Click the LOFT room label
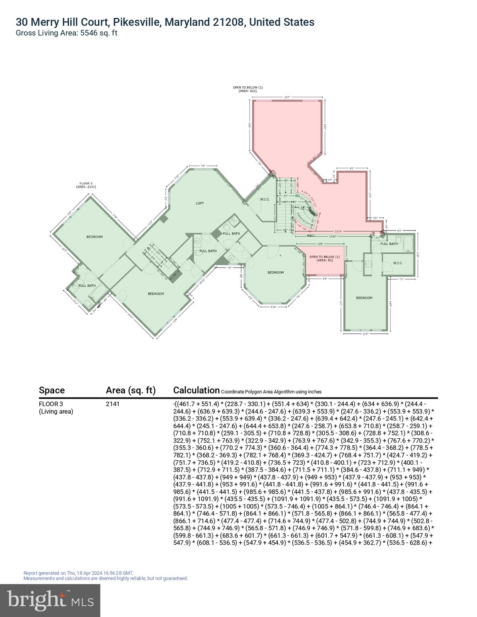pyautogui.click(x=200, y=203)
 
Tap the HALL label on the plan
pyautogui.click(x=311, y=235)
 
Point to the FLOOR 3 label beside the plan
pyautogui.click(x=86, y=185)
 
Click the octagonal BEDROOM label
pyautogui.click(x=276, y=272)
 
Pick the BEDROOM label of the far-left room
pyautogui.click(x=95, y=237)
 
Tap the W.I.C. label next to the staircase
pyautogui.click(x=264, y=199)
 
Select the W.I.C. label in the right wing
pyautogui.click(x=397, y=263)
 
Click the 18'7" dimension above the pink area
pyautogui.click(x=287, y=97)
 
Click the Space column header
pyautogui.click(x=52, y=390)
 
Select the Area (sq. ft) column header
pyautogui.click(x=131, y=390)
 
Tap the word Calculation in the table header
pyautogui.click(x=196, y=390)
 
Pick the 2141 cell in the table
pyautogui.click(x=113, y=404)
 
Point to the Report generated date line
pyautogui.click(x=78, y=573)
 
